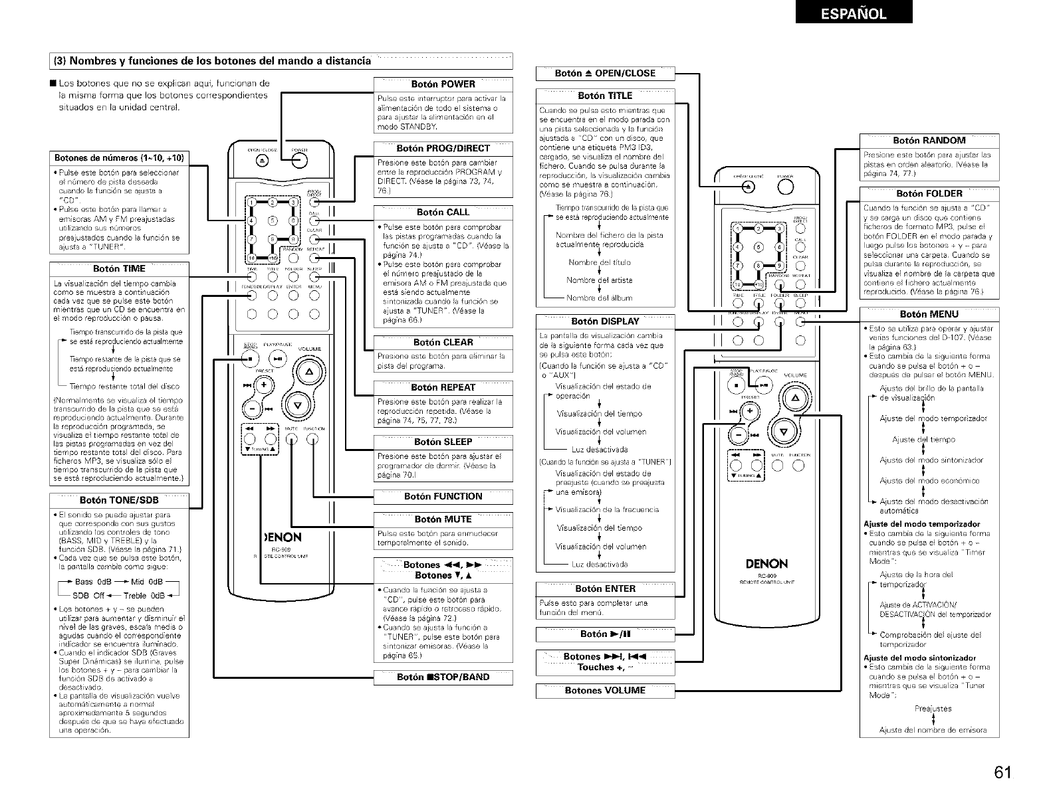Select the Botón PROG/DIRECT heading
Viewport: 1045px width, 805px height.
pyautogui.click(x=443, y=148)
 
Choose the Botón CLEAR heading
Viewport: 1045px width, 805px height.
pyautogui.click(x=443, y=343)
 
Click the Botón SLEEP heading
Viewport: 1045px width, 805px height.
pyautogui.click(x=443, y=442)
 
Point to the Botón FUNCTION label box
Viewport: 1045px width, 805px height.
pyautogui.click(x=443, y=496)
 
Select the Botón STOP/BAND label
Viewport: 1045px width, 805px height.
pyautogui.click(x=443, y=677)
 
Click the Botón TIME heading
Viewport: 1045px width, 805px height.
pyautogui.click(x=119, y=269)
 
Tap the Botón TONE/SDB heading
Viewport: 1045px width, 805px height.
pyautogui.click(x=119, y=500)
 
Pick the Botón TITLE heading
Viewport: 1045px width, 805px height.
pyautogui.click(x=605, y=96)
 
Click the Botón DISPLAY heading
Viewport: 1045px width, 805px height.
pyautogui.click(x=605, y=321)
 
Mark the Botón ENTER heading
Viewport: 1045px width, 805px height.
pyautogui.click(x=605, y=588)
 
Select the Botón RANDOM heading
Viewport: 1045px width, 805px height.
pyautogui.click(x=929, y=140)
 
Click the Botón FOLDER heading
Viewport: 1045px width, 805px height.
pyautogui.click(x=929, y=194)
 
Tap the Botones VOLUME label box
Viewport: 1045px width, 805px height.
pyautogui.click(x=605, y=690)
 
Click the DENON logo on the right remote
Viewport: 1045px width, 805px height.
pyautogui.click(x=766, y=565)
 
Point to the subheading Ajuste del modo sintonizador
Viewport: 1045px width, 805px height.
pyautogui.click(x=919, y=658)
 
